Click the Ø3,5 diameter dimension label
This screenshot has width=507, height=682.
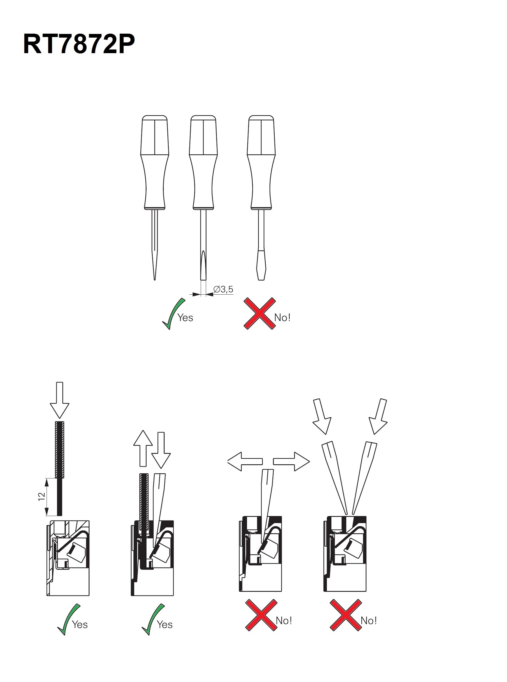coord(223,289)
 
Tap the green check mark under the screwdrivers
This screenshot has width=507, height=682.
coord(173,314)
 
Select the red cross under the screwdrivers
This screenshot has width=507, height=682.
coord(260,314)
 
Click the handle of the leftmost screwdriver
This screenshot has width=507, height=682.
coord(155,163)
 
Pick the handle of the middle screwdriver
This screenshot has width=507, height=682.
coord(204,163)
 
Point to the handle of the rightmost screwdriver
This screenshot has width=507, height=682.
coord(261,163)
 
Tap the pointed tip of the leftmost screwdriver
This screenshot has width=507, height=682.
coord(154,280)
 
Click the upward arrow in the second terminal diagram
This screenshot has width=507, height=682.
coord(143,448)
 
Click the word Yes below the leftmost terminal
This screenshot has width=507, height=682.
coord(80,625)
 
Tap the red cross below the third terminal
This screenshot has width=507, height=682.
coord(261,615)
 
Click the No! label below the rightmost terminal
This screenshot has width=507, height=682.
coord(369,621)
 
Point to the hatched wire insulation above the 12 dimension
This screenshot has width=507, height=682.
coord(60,450)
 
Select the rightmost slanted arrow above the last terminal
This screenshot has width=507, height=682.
coord(378,416)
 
